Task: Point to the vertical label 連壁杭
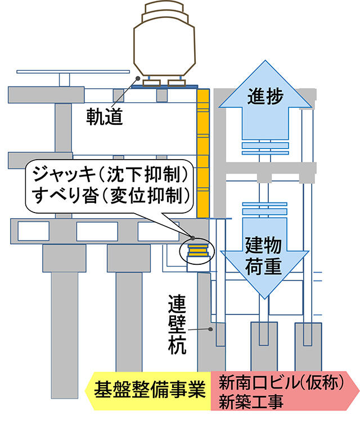(176, 325)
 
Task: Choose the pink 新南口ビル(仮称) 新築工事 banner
(284, 391)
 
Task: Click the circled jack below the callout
(197, 250)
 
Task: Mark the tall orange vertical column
(203, 152)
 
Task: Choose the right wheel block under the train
(178, 83)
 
